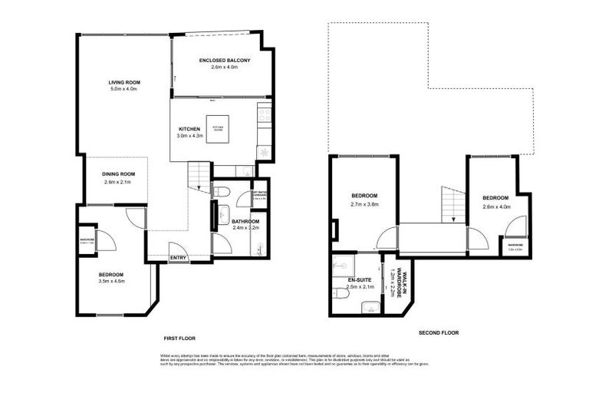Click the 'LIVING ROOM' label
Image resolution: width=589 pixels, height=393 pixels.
(123, 82)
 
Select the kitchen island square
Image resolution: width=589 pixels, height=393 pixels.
(217, 129)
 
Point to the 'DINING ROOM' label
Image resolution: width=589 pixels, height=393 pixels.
(118, 173)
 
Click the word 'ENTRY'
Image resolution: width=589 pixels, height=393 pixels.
(177, 257)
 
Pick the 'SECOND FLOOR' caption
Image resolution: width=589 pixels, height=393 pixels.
(439, 332)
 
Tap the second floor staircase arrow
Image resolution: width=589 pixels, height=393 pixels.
(453, 219)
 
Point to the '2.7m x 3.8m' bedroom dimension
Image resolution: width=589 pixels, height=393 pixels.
(365, 205)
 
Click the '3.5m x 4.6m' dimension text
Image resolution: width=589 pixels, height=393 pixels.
(110, 281)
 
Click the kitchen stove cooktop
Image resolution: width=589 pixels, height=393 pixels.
(264, 115)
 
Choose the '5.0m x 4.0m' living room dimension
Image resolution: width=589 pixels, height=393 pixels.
(123, 89)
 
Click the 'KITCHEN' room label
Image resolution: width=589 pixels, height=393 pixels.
(189, 129)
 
